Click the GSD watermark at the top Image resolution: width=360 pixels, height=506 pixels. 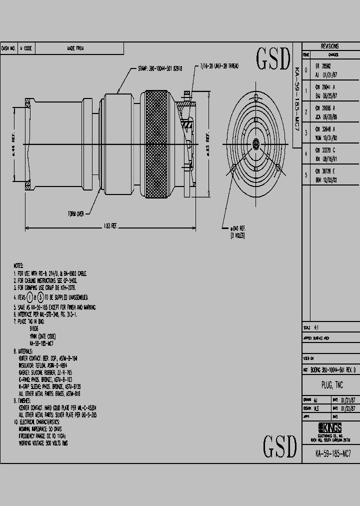[273, 59]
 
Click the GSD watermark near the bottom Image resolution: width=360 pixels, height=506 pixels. [279, 445]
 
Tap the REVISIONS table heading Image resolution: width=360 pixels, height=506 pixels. [329, 45]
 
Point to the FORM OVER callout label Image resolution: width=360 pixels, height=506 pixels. [76, 213]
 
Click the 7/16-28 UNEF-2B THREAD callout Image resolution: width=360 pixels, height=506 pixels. [219, 65]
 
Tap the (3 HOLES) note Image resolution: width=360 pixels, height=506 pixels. [237, 235]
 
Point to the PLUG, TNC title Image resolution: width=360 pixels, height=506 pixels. [329, 385]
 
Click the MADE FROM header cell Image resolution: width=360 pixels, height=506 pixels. [75, 48]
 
